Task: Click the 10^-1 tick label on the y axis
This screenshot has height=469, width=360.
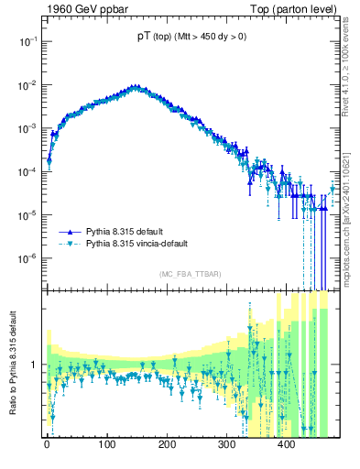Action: [x=27, y=42]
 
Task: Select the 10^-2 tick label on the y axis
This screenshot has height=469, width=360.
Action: [x=27, y=85]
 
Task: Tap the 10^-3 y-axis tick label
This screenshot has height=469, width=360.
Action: [x=27, y=128]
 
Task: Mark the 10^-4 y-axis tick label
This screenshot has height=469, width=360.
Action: [x=27, y=171]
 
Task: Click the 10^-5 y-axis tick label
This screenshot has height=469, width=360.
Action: [x=27, y=214]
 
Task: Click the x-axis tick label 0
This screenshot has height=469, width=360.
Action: [x=47, y=445]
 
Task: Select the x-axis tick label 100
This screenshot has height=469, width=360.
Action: [x=107, y=445]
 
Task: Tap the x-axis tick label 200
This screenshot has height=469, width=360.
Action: [x=167, y=445]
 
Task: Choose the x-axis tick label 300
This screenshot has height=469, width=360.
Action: [x=226, y=445]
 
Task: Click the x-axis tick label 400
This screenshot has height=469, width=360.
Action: [x=286, y=445]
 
